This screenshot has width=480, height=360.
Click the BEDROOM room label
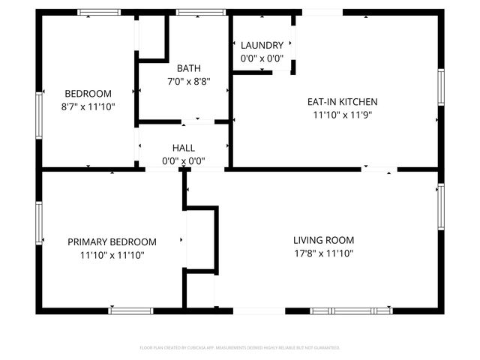point(88,94)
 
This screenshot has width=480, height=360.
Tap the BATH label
point(189,68)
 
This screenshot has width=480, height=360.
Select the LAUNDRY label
point(262,45)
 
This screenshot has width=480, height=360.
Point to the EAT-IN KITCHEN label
point(342,102)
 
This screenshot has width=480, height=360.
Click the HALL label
point(184,148)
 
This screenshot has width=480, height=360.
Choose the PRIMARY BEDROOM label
point(112,242)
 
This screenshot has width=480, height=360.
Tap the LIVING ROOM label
point(323,241)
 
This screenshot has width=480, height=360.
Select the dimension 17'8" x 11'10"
point(323,253)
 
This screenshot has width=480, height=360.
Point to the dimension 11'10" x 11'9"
point(342,115)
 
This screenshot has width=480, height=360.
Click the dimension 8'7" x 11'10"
point(88,106)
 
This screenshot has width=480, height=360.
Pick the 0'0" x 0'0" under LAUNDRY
point(262,58)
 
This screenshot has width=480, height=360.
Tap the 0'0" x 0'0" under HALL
point(184,160)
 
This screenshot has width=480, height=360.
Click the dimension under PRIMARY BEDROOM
point(112,255)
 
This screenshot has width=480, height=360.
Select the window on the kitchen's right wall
point(442,91)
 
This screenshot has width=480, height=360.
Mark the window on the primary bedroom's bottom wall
point(131,310)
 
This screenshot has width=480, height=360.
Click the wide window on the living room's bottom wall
point(351,310)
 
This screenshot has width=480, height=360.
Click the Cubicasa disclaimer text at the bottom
point(240,348)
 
